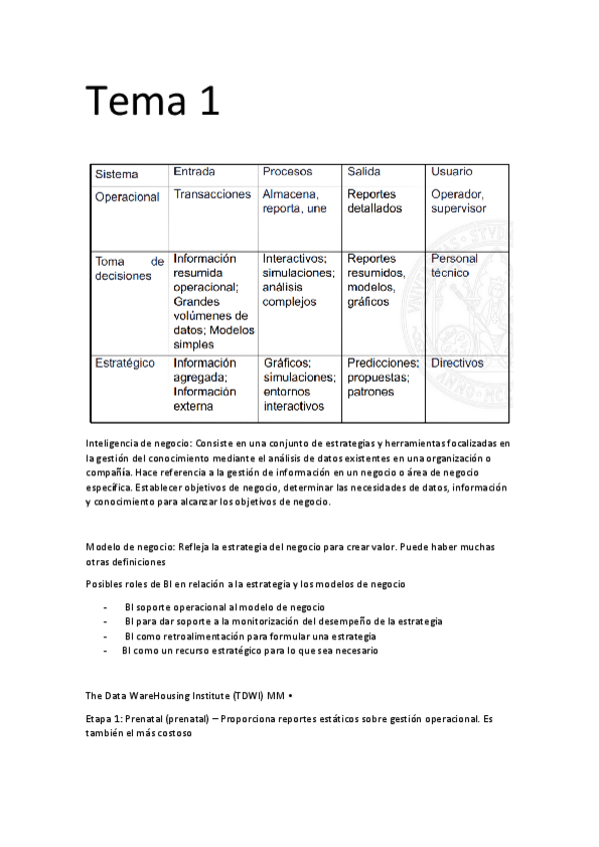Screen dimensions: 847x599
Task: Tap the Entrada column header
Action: tap(194, 172)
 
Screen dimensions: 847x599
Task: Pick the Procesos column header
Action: tap(287, 172)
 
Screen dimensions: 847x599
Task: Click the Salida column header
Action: tap(364, 172)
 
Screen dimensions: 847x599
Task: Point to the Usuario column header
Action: tap(452, 172)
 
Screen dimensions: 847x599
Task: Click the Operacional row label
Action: tap(127, 197)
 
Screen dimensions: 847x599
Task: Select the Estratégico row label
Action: tap(125, 364)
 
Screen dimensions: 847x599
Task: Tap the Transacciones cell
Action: tap(212, 195)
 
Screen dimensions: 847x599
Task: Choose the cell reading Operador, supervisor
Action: tap(458, 202)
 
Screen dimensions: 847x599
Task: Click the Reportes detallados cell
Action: tap(374, 202)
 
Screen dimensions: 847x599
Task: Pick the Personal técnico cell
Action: tap(454, 265)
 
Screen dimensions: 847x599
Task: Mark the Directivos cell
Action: tap(457, 364)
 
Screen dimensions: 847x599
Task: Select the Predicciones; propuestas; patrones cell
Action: tap(382, 378)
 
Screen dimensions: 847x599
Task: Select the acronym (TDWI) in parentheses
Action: tap(243, 694)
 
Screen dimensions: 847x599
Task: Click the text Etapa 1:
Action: tap(107, 718)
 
